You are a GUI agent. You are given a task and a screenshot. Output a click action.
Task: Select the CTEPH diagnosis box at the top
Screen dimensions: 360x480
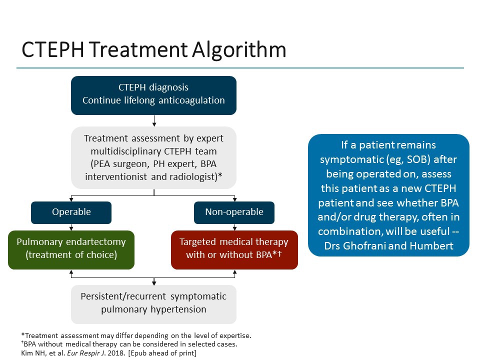tap(153, 95)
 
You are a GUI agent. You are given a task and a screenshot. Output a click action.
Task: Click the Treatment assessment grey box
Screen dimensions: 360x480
tap(153, 157)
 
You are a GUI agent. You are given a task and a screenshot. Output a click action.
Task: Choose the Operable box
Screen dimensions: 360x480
tap(71, 212)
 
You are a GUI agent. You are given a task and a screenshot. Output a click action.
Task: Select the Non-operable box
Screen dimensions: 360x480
tap(234, 212)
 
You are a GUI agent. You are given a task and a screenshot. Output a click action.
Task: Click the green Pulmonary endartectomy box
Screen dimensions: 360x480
tap(71, 249)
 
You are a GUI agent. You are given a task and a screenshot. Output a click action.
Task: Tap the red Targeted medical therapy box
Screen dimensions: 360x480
tap(234, 249)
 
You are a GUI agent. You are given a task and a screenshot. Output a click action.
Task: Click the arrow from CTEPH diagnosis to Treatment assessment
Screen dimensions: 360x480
tap(154, 120)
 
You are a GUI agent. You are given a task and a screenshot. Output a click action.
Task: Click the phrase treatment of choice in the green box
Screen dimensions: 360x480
tap(71, 255)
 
